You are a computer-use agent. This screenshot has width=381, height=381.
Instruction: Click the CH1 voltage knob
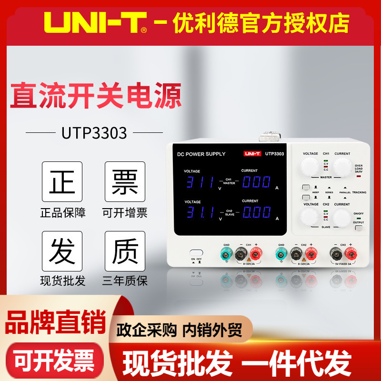click(310, 167)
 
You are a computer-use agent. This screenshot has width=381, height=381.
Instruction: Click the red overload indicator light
click(358, 176)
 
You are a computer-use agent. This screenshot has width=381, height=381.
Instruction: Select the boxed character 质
click(125, 251)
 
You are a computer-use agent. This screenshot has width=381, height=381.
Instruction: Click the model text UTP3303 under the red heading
click(94, 133)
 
